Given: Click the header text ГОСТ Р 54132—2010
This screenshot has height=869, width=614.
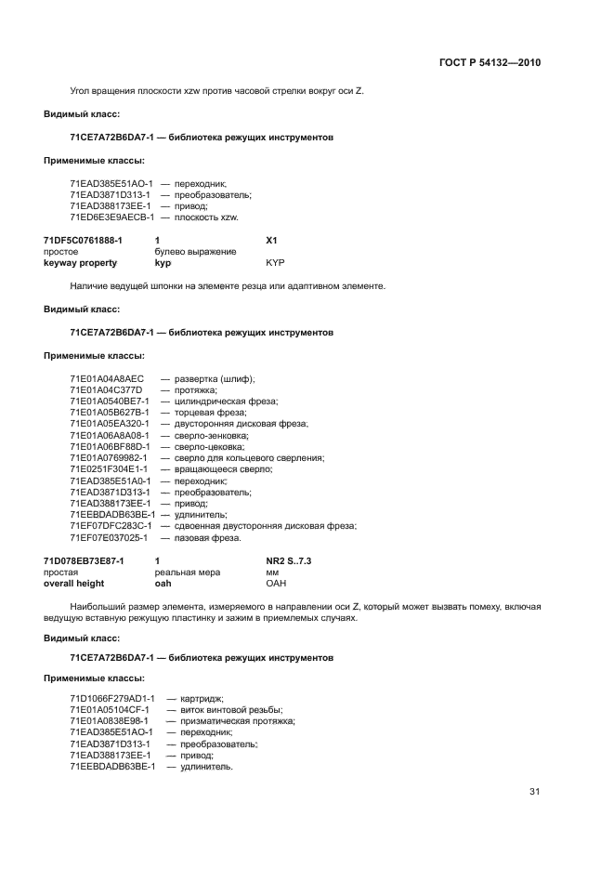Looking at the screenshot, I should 489,63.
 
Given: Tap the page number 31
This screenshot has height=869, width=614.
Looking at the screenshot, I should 534,791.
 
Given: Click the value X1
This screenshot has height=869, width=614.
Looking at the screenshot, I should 272,240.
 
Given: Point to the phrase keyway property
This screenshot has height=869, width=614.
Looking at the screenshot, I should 80,263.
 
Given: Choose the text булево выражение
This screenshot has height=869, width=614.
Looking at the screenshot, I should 195,252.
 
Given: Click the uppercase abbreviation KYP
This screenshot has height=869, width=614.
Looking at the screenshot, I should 275,263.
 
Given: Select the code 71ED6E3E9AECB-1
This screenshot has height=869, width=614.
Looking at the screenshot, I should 111,217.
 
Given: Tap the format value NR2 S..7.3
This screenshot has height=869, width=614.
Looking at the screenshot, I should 289,561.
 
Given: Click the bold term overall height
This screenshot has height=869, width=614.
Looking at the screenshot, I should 74,584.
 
